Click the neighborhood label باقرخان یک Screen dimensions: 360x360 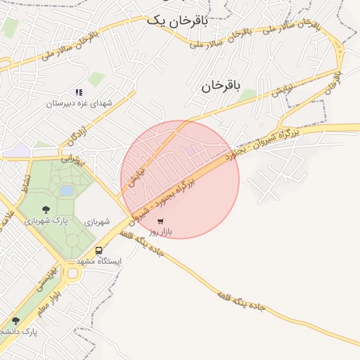(177, 21)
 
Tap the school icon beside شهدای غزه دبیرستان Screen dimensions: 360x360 (79, 92)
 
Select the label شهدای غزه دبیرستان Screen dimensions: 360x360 (79, 103)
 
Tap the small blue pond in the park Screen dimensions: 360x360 (66, 190)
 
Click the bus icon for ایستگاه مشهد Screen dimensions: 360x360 (98, 250)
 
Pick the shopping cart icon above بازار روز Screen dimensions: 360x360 (161, 221)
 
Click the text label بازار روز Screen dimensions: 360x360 (161, 231)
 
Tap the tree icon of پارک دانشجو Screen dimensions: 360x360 (15, 321)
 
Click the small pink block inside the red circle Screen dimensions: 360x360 (191, 150)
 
